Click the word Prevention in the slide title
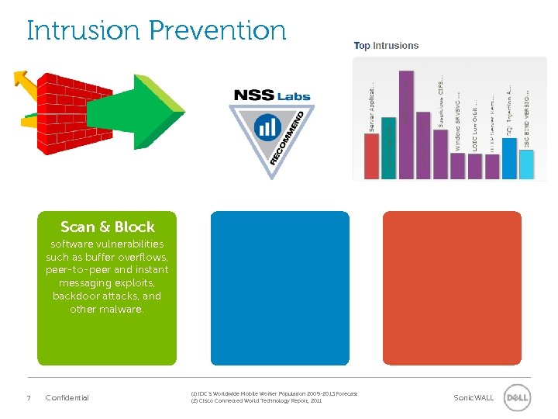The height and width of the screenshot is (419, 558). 217,30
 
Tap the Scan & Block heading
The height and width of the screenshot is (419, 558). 107,227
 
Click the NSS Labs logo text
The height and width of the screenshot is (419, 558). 271,95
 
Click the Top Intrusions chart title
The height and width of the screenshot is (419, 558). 386,46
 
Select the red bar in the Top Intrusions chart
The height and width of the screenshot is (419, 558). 371,155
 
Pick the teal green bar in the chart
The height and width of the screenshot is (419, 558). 388,147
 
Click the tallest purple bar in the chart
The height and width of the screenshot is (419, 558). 406,124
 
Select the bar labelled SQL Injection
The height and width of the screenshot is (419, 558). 509,158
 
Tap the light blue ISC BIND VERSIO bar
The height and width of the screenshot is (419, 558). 526,163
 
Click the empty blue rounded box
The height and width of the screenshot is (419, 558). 280,288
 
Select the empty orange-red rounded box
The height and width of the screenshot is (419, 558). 452,288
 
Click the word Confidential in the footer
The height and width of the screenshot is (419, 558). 67,398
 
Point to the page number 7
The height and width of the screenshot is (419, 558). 29,398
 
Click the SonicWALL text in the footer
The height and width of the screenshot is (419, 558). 473,398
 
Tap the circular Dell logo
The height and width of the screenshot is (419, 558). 517,397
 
